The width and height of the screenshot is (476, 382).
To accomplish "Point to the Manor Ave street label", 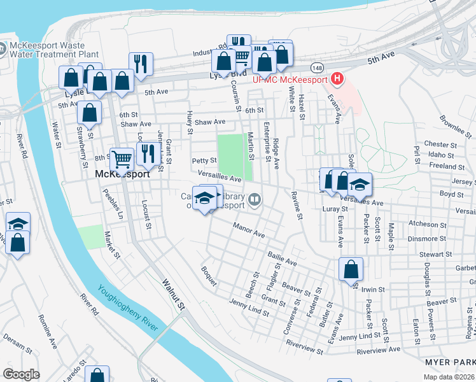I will click(x=248, y=230).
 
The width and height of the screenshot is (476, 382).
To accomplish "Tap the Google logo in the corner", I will click(x=21, y=374).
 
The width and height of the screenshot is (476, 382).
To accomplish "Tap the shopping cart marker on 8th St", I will click(x=122, y=159).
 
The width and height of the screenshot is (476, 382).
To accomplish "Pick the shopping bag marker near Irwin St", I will click(x=351, y=269).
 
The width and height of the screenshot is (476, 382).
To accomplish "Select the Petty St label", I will click(x=204, y=160).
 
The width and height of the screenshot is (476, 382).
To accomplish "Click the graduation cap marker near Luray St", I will click(x=360, y=185).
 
